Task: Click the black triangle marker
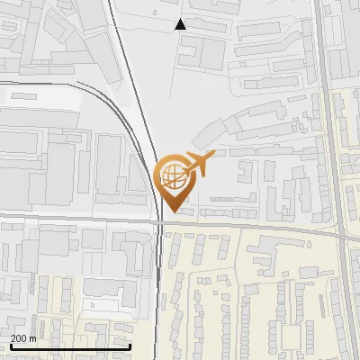(181, 24)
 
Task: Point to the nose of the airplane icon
(213, 157)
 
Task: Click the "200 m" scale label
(23, 337)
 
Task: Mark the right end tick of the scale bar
(130, 346)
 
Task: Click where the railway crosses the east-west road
(158, 220)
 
